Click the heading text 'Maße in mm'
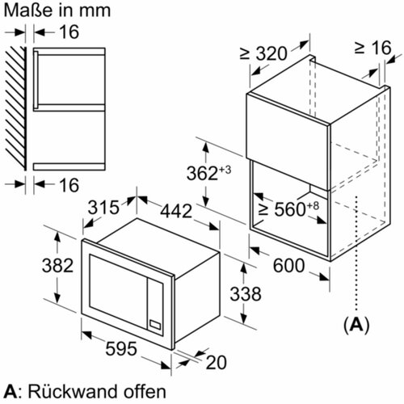pyautogui.click(x=57, y=11)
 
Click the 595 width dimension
pyautogui.click(x=121, y=348)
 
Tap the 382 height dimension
pyautogui.click(x=57, y=265)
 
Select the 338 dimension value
pyautogui.click(x=246, y=293)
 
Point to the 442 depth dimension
pyautogui.click(x=176, y=211)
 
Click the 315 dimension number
pyautogui.click(x=103, y=207)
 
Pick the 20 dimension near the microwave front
pyautogui.click(x=216, y=363)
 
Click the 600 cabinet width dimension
pyautogui.click(x=288, y=265)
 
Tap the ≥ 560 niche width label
pyautogui.click(x=288, y=208)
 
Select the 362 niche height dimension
pyautogui.click(x=208, y=172)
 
